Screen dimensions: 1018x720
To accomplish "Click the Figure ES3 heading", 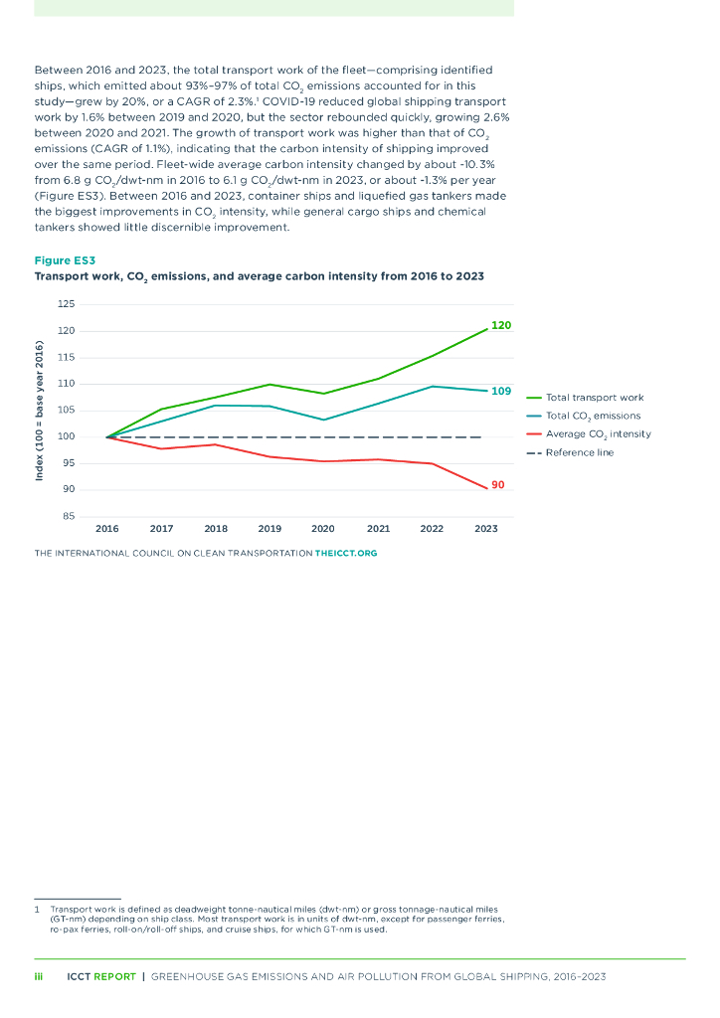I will (x=65, y=260).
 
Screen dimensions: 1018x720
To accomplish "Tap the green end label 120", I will (x=500, y=325).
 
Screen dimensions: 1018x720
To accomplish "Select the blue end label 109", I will (x=501, y=391).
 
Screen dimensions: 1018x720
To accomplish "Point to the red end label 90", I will (x=498, y=485).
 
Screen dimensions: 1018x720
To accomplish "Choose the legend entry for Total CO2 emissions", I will (x=593, y=416).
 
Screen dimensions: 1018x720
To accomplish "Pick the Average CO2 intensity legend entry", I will (x=598, y=434).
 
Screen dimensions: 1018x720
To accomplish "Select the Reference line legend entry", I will (x=580, y=452).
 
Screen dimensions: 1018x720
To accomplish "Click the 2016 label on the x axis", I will (x=107, y=529).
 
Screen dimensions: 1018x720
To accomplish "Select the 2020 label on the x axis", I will (x=323, y=529).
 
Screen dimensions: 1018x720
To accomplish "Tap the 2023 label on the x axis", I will (x=486, y=529).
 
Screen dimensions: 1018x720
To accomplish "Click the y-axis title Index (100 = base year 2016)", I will (x=40, y=411).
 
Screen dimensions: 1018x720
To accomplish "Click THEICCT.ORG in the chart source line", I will (x=346, y=553).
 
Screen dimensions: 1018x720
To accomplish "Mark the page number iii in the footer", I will (x=39, y=977).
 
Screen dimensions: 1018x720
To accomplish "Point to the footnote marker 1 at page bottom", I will (x=37, y=909).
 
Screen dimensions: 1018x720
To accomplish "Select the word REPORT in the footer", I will (x=114, y=977).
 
